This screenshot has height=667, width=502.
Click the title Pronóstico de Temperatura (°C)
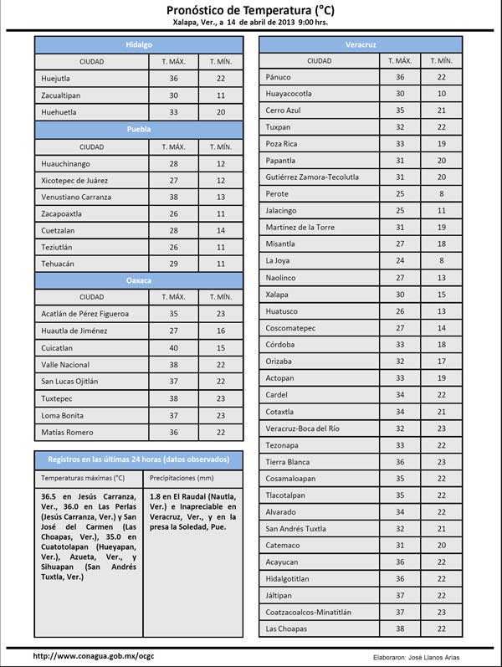pos(251,9)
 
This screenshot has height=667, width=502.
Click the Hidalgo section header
pos(139,44)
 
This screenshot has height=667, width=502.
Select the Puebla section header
pos(139,130)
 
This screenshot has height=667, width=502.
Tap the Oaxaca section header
pos(139,280)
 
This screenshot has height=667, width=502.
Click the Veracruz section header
pos(360,44)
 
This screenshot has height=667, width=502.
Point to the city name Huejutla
pos(56,79)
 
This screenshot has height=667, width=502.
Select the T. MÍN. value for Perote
pos(441,194)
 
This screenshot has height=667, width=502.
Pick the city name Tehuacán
pos(58,264)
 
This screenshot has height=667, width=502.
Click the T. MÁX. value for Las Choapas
pos(400,629)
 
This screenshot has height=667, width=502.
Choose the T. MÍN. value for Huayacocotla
pos(441,94)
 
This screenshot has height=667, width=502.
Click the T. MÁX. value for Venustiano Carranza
pos(174,198)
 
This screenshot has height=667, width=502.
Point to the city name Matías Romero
pos(67,433)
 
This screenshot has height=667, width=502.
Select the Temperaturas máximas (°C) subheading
pos(83,479)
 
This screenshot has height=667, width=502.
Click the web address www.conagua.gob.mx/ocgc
pos(94,656)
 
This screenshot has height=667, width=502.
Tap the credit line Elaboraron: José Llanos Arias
pos(416,657)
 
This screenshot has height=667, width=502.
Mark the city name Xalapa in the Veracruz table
pos(277,295)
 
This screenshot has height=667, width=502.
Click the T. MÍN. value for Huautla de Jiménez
pos(221,331)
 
